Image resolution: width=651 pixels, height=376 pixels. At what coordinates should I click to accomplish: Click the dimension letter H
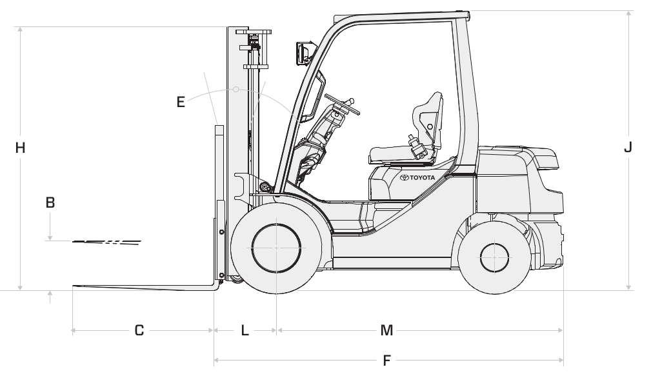click(20, 148)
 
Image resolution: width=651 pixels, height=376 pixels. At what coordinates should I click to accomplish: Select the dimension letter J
click(628, 147)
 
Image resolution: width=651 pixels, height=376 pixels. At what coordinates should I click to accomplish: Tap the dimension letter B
click(50, 203)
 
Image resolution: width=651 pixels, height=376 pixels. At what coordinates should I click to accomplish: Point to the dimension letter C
click(139, 330)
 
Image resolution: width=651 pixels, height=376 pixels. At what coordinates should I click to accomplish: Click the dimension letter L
click(245, 330)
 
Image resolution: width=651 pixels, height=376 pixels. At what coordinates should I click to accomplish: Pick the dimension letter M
click(386, 330)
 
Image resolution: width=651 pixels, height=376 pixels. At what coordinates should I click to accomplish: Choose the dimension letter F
click(386, 361)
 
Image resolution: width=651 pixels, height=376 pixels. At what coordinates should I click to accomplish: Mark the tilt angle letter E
click(181, 102)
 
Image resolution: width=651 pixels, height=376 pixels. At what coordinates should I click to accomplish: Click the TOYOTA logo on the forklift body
click(417, 177)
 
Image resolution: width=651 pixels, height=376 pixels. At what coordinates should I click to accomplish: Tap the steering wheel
click(342, 104)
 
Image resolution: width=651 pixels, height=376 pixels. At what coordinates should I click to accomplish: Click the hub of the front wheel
click(276, 248)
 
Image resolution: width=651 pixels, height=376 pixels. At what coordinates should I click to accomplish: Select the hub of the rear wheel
click(494, 258)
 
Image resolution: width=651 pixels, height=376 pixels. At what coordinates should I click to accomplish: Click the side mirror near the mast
click(303, 53)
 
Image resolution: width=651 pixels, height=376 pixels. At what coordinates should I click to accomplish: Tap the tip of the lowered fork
click(74, 286)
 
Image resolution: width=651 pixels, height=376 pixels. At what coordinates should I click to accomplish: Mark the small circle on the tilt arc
click(236, 89)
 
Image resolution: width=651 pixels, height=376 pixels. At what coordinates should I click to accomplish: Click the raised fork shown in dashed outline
click(106, 242)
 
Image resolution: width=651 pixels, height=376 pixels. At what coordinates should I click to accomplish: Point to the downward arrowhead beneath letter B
click(50, 237)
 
